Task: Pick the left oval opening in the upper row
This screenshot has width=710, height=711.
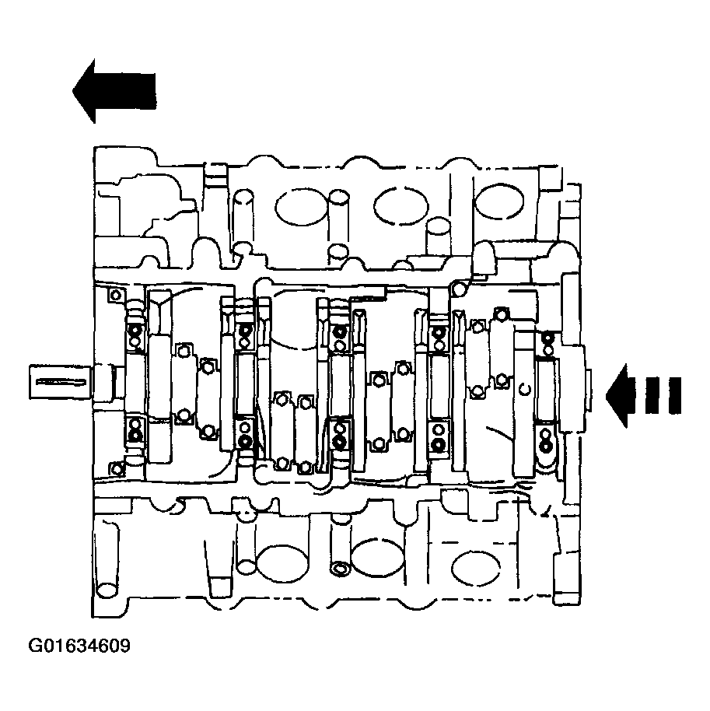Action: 296,207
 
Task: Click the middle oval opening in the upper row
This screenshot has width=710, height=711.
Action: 395,204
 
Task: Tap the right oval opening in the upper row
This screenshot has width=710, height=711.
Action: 496,205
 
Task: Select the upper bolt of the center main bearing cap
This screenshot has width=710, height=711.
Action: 340,334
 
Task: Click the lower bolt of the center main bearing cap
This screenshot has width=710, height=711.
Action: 340,441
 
